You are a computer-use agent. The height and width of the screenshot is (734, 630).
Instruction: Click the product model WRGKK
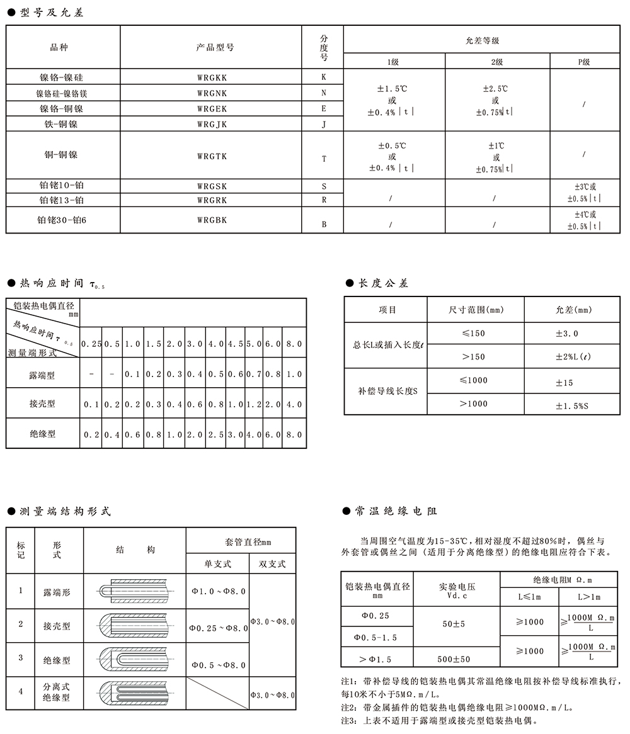(x=211, y=77)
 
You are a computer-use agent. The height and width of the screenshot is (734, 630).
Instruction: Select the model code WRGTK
(x=211, y=155)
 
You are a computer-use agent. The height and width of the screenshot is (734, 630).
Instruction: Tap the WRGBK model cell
(x=211, y=220)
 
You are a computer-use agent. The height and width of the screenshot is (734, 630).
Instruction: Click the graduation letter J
(x=324, y=124)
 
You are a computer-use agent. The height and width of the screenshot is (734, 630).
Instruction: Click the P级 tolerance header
(x=584, y=62)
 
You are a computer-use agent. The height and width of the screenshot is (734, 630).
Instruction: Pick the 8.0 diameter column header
(x=294, y=344)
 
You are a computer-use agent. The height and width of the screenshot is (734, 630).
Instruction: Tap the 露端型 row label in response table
(x=42, y=375)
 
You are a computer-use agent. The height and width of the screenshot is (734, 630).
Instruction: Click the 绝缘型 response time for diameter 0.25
(x=91, y=434)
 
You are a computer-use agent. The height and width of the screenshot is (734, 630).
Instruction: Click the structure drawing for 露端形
(x=134, y=592)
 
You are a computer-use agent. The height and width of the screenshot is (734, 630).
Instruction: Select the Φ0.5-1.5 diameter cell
(x=375, y=638)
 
